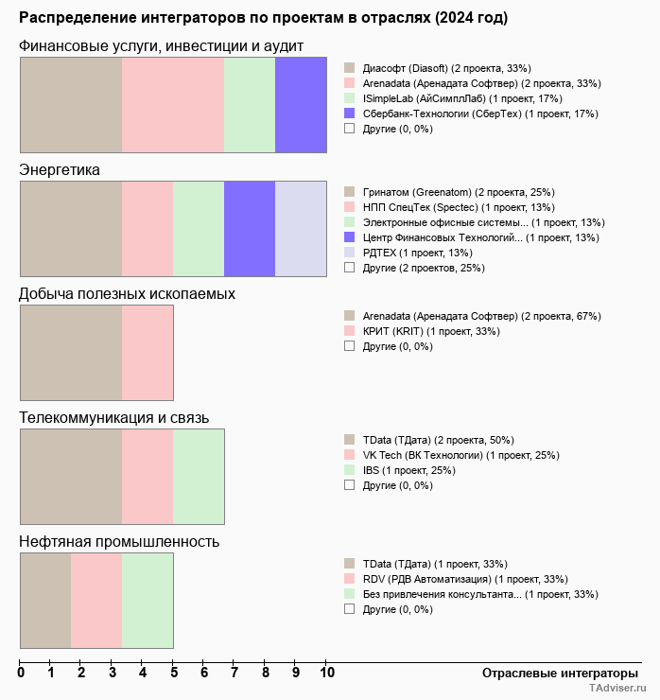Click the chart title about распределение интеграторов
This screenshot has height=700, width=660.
pyautogui.click(x=263, y=18)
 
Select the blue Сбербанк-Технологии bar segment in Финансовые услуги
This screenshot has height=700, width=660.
pyautogui.click(x=301, y=104)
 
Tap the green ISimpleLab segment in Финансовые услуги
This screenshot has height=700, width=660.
pyautogui.click(x=250, y=104)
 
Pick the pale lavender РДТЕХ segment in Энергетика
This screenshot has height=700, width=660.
pyautogui.click(x=301, y=229)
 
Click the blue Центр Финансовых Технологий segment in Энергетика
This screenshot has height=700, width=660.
pyautogui.click(x=250, y=229)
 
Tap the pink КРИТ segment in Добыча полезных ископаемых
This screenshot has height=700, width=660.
pyautogui.click(x=148, y=353)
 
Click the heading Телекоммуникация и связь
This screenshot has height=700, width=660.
pyautogui.click(x=114, y=417)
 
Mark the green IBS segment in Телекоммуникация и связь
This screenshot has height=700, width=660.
pyautogui.click(x=199, y=477)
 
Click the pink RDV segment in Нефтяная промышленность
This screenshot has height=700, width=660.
pyautogui.click(x=96, y=601)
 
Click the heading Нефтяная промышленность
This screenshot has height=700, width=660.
pyautogui.click(x=119, y=541)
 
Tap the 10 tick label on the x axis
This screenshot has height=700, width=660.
pyautogui.click(x=326, y=673)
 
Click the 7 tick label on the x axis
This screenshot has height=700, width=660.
pyautogui.click(x=234, y=673)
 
